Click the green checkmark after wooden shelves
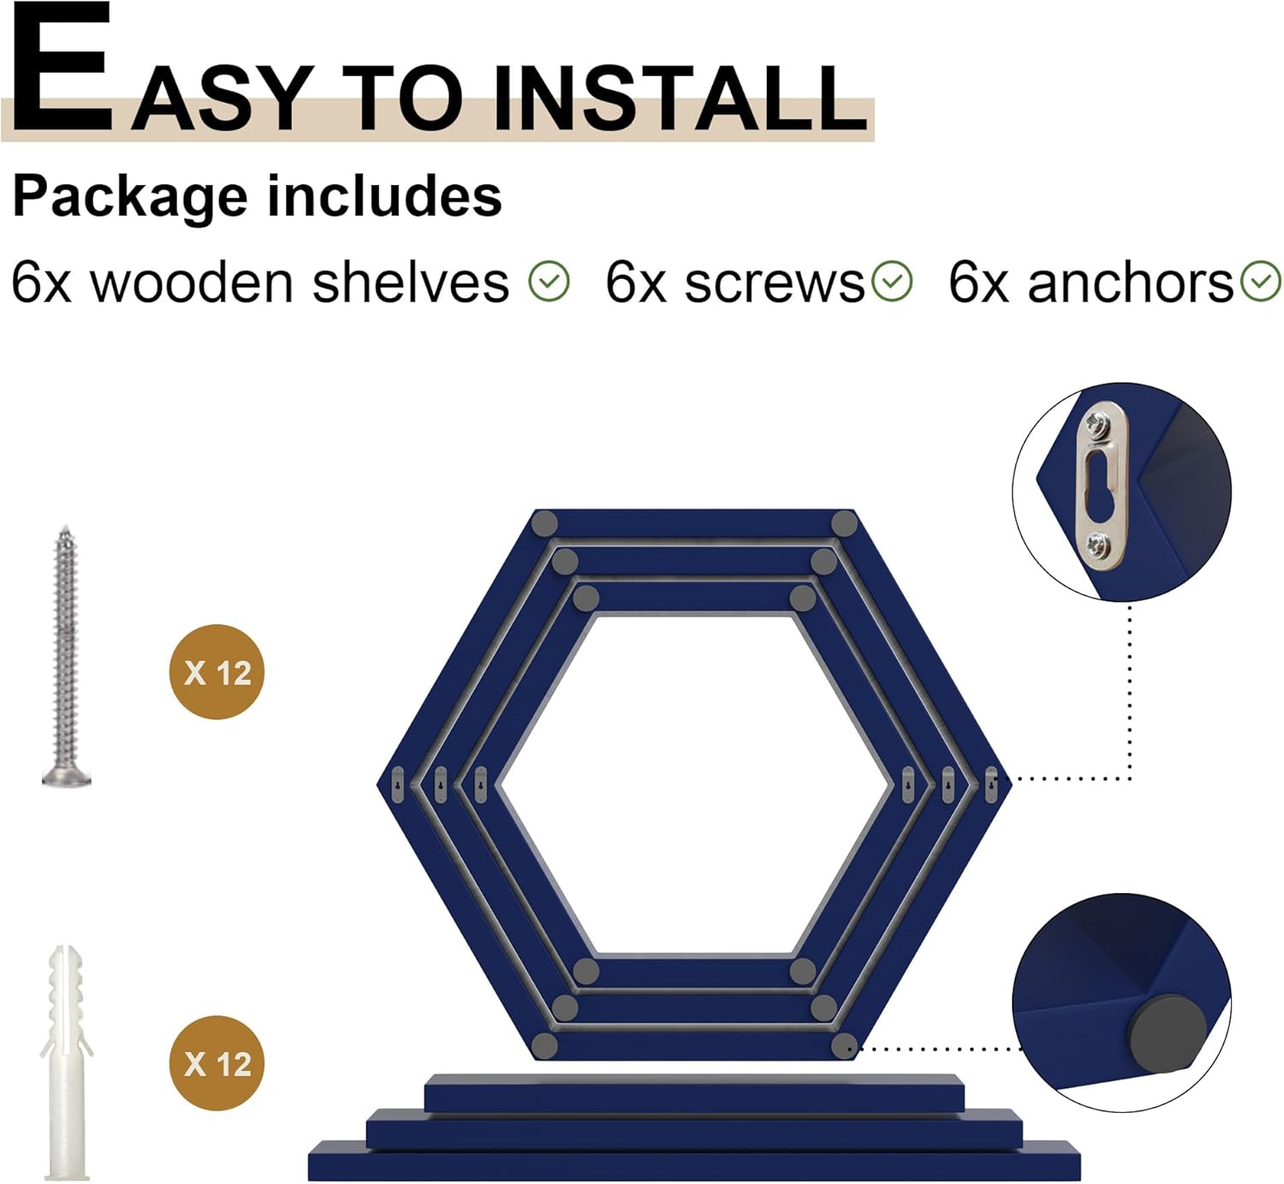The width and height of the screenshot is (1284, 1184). (x=549, y=282)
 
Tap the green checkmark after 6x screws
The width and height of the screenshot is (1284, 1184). (x=892, y=282)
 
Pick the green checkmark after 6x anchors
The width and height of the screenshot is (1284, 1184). (x=1261, y=282)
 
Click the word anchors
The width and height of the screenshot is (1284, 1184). (x=1131, y=283)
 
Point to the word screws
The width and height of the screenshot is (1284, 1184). (x=775, y=284)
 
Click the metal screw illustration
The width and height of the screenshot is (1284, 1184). (x=66, y=657)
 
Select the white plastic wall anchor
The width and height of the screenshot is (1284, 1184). (x=66, y=1062)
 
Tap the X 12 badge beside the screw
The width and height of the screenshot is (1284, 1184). (x=217, y=672)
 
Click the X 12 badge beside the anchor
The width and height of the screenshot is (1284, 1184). (x=217, y=1063)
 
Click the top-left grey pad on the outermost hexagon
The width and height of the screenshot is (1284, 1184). (x=544, y=523)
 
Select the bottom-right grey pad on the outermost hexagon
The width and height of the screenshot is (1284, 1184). (x=844, y=1045)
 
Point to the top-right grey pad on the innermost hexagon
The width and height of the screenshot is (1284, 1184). (x=802, y=598)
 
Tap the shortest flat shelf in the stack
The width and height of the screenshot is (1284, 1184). (x=694, y=1093)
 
